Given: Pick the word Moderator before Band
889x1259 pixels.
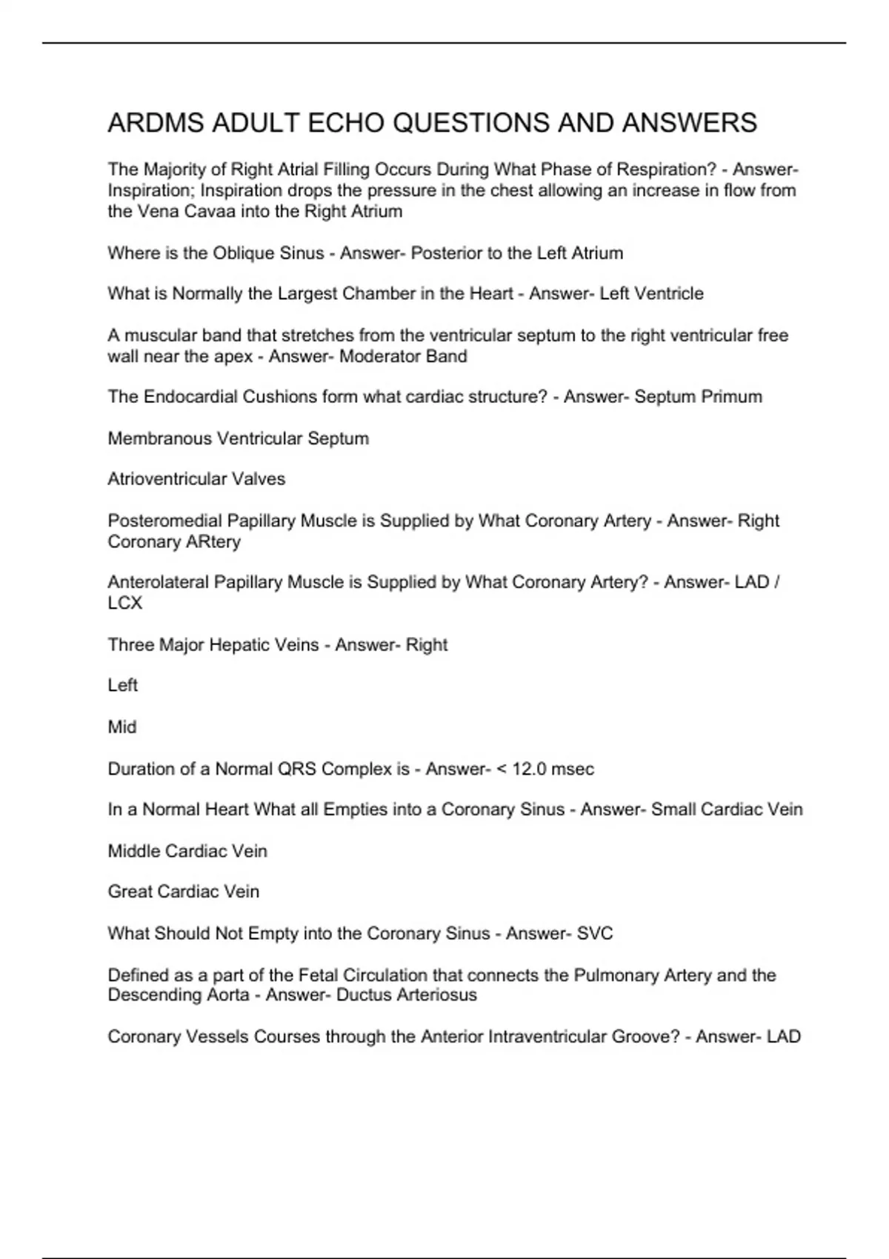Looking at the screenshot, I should [x=369, y=356].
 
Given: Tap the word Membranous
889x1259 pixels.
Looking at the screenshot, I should [x=159, y=438].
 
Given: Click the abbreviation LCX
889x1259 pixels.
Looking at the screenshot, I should [x=124, y=603].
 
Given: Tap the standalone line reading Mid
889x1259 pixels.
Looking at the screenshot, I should [x=122, y=727].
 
